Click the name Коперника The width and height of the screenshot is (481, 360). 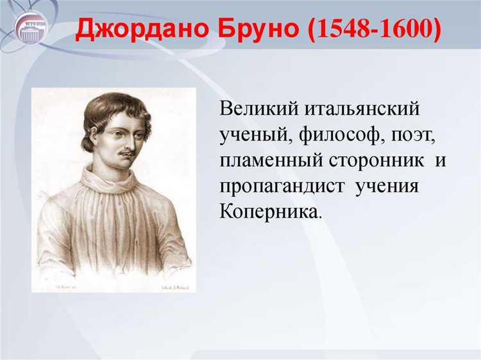[268, 212]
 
